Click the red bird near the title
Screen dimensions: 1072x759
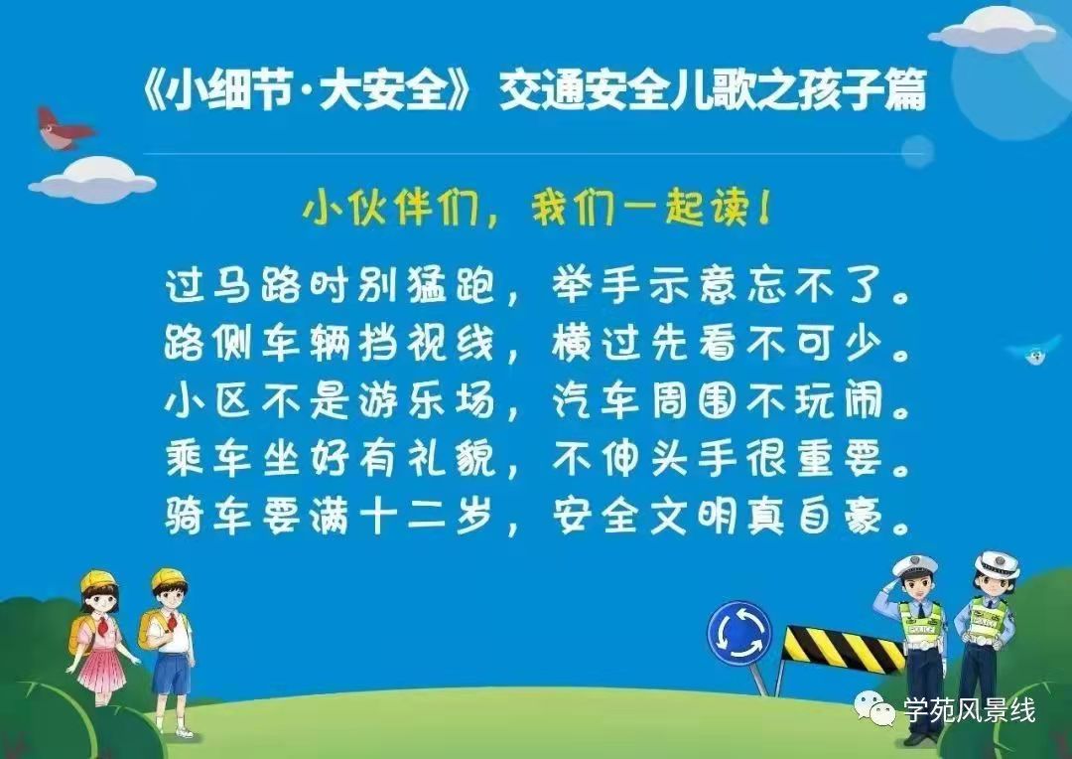tap(64, 128)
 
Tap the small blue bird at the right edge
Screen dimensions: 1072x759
tap(1035, 351)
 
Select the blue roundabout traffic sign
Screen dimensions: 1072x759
tap(739, 634)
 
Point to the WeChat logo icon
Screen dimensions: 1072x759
tap(874, 708)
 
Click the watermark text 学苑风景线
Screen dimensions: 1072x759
tap(970, 710)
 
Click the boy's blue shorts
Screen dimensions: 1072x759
tap(171, 674)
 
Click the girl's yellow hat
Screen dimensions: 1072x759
tap(98, 581)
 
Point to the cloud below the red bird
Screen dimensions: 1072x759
tap(93, 179)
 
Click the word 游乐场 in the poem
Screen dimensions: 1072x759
tap(425, 400)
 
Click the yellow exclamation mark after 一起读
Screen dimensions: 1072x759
tap(763, 208)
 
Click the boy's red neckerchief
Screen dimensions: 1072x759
tap(172, 621)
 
